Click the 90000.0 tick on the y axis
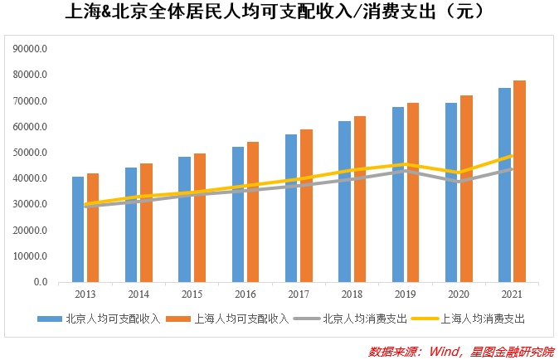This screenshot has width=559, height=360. point(32,49)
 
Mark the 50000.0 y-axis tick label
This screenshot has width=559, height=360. point(32,153)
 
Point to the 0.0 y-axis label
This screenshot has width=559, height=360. point(40,282)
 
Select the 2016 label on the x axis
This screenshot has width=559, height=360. point(245,295)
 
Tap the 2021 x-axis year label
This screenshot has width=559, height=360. point(512,295)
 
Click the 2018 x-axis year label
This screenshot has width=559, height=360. point(352,295)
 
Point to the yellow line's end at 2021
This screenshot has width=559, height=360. point(512,155)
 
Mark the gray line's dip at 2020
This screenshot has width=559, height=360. point(459,182)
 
